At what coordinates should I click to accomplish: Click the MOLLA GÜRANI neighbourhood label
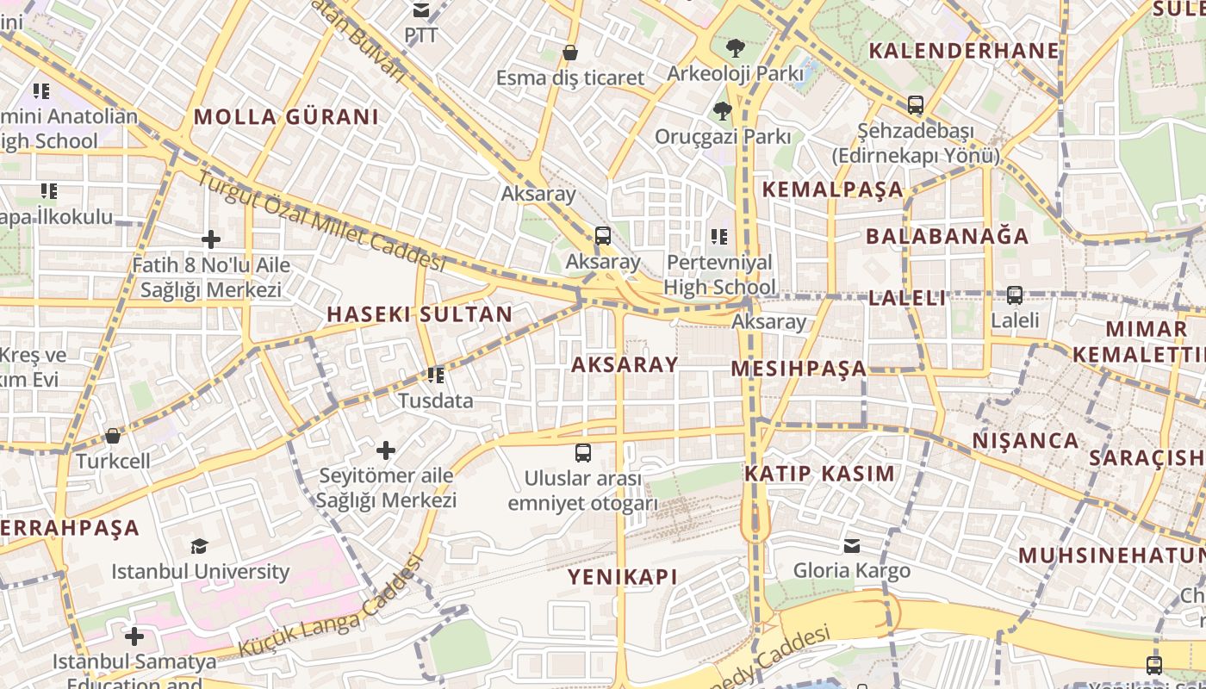[x=286, y=117]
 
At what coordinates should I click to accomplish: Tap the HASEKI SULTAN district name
[x=420, y=314]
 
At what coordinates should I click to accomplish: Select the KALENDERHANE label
[x=964, y=50]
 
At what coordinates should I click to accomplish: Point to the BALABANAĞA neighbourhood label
[x=947, y=236]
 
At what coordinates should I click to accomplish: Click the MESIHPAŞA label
[x=799, y=369]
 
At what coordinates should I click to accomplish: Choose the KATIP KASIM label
[x=819, y=474]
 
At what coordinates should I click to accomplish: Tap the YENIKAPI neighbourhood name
[x=622, y=577]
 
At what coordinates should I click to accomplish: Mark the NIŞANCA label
[x=1025, y=441]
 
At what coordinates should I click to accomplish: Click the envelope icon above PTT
[x=421, y=10]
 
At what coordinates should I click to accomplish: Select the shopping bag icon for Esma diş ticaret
[x=569, y=53]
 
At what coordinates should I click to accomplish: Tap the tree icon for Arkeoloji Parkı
[x=735, y=47]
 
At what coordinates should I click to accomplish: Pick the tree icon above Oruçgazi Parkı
[x=722, y=110]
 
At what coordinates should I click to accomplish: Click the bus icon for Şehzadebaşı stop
[x=915, y=105]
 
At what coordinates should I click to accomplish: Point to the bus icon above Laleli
[x=1014, y=295]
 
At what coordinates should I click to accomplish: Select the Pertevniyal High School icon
[x=719, y=236]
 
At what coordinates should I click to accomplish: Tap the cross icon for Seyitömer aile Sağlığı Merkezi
[x=386, y=450]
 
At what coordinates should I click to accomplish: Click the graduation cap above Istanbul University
[x=200, y=546]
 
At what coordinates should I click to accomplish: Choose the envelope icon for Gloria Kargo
[x=851, y=545]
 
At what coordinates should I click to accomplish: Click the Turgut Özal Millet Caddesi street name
[x=322, y=221]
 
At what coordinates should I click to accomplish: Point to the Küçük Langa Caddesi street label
[x=331, y=607]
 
